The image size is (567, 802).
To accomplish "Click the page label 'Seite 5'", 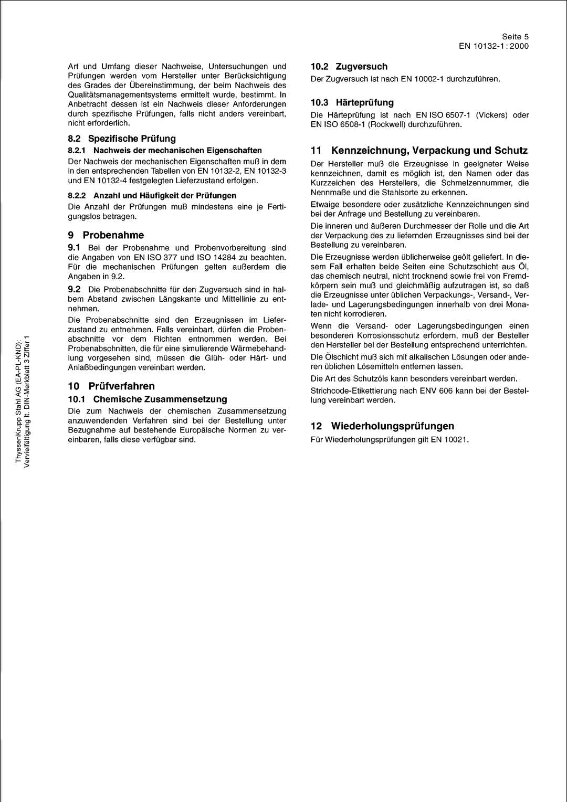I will [515, 36].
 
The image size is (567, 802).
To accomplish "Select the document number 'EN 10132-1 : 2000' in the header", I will [494, 46].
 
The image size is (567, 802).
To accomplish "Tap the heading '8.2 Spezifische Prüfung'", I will [122, 139].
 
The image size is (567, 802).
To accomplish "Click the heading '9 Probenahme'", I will [106, 235].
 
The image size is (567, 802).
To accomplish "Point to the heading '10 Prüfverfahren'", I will [111, 386].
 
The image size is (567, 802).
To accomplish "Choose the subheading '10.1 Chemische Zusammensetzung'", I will [148, 399].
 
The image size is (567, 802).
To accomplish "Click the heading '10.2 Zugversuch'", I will [349, 67].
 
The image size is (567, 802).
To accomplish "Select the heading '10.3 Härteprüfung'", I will [352, 102].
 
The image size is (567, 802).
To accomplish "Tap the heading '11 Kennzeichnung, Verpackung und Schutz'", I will [419, 151].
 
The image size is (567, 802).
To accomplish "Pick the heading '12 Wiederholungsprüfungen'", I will [382, 426].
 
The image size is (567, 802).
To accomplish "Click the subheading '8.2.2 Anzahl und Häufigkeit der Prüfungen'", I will [152, 195].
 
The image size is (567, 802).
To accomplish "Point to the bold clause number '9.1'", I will [73, 247].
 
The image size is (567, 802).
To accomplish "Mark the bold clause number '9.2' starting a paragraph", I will [73, 289].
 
